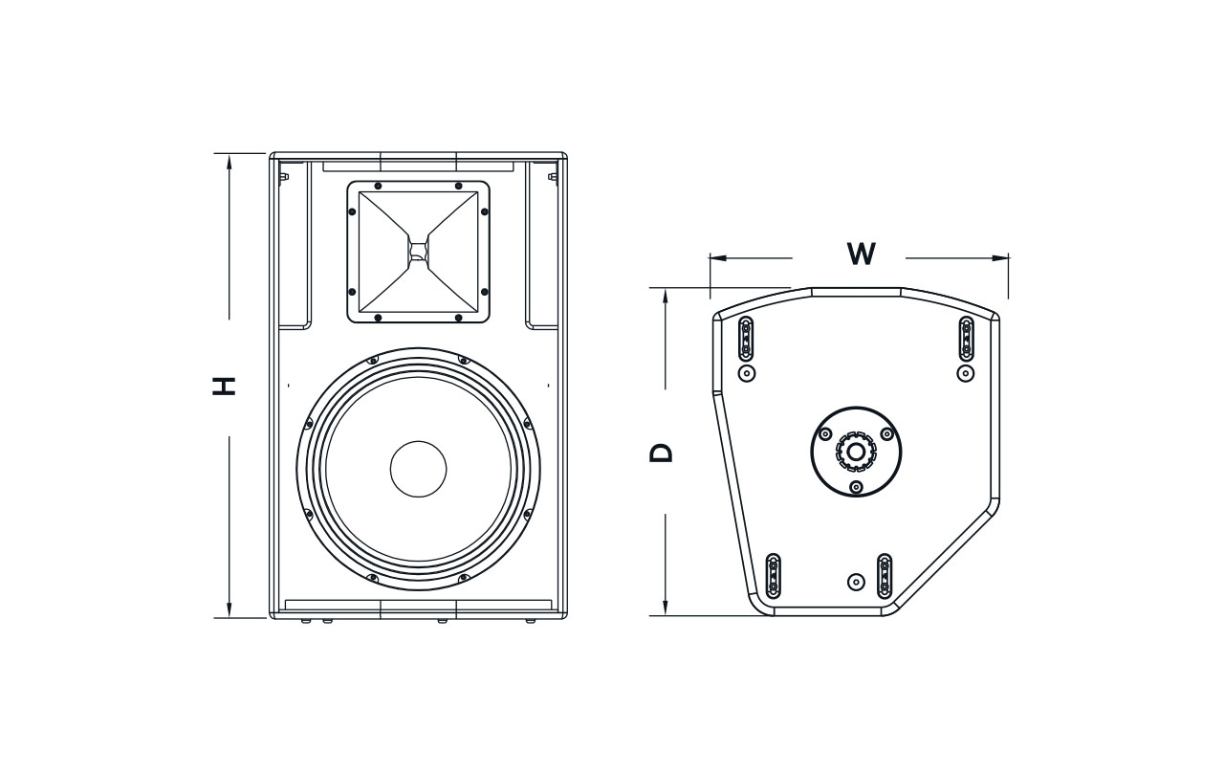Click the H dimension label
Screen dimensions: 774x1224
[225, 386]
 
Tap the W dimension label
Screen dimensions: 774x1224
[861, 254]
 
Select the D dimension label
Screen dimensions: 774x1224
[662, 452]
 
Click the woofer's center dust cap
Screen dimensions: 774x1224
[418, 469]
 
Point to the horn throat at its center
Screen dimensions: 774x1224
[418, 251]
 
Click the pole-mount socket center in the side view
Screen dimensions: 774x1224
[855, 451]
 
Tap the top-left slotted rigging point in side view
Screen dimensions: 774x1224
[747, 336]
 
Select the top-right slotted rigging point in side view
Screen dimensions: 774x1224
[966, 336]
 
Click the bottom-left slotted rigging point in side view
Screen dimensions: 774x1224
[774, 576]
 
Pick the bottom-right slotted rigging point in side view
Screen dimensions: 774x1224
[885, 575]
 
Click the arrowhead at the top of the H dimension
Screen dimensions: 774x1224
[229, 160]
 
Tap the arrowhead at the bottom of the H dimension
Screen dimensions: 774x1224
[229, 610]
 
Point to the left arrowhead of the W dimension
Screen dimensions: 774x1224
[716, 257]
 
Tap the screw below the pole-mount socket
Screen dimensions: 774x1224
[855, 488]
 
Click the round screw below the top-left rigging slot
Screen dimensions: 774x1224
[747, 372]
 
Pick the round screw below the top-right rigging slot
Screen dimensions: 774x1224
[966, 372]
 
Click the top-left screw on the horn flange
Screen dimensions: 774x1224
[378, 186]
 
